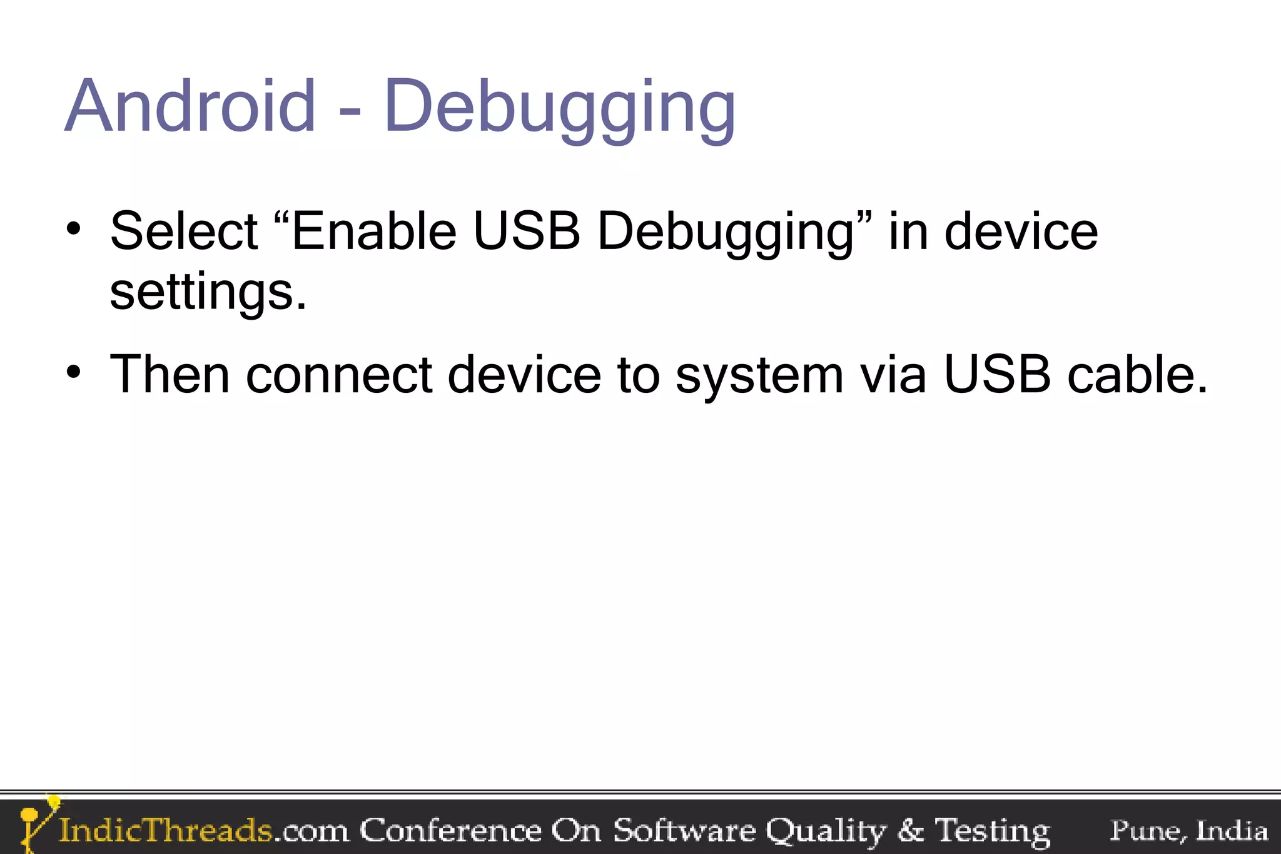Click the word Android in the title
(190, 106)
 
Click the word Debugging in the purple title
(559, 108)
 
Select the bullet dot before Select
(74, 229)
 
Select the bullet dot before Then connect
(74, 372)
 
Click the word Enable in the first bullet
(373, 231)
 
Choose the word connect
(339, 375)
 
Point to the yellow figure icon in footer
(36, 822)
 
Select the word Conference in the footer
(450, 830)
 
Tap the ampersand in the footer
(910, 830)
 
